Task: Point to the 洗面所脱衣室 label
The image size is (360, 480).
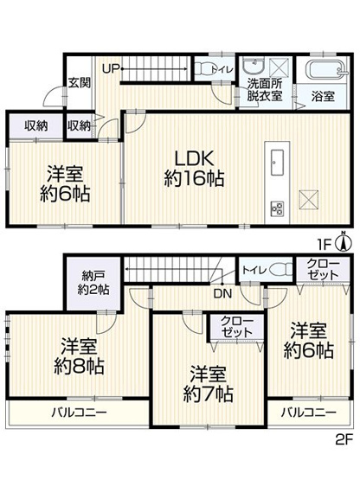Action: pos(264,90)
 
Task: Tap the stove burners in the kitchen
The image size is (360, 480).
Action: pos(279,208)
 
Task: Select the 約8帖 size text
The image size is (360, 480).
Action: pos(82,367)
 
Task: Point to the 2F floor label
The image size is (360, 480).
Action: pos(344,464)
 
